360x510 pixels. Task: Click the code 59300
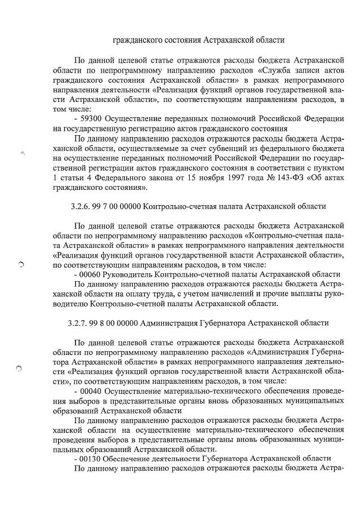(x=93, y=118)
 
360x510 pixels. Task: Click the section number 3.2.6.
(x=78, y=206)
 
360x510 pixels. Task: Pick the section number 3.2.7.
(x=78, y=322)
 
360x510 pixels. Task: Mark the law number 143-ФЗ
(x=266, y=178)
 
